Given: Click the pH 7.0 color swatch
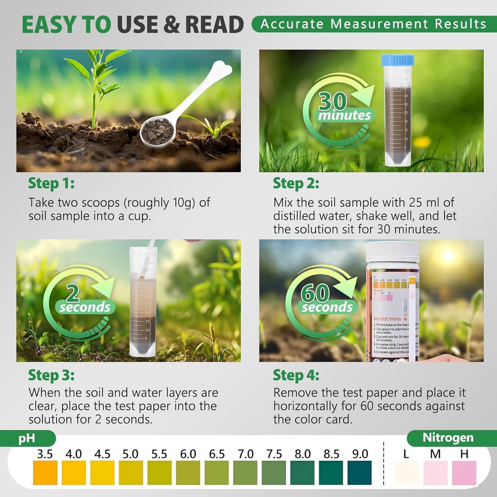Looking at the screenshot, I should click(245, 473).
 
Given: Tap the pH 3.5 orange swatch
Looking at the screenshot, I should click(45, 473).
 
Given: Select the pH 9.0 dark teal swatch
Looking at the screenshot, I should click(359, 473).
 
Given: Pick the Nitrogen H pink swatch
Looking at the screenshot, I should click(464, 473).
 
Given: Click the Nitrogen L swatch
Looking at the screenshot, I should click(407, 473).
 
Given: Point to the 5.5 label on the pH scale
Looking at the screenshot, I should click(159, 454).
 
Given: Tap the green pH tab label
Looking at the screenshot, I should click(27, 438).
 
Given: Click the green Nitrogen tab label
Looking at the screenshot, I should click(448, 437).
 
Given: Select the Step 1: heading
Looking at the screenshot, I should click(51, 183).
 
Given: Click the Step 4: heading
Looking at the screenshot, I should click(296, 375).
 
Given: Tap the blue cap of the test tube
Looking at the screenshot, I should click(397, 60).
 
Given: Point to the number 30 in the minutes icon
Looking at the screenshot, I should click(332, 101).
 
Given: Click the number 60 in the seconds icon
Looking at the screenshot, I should click(315, 293).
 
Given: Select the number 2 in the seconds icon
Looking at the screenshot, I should click(73, 293).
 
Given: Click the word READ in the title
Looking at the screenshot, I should click(214, 25).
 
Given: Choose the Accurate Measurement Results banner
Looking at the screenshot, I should click(374, 24).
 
